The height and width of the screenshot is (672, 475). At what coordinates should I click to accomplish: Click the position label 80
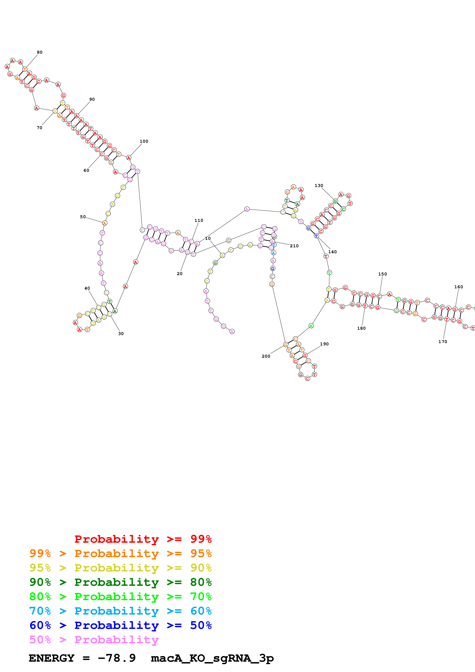(x=39, y=52)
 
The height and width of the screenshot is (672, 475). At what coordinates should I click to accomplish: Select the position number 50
(x=83, y=217)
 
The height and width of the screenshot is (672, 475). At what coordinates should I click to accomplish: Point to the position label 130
(x=319, y=186)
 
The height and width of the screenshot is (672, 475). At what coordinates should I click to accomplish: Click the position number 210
(x=294, y=246)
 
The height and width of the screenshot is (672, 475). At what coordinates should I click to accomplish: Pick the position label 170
(x=442, y=342)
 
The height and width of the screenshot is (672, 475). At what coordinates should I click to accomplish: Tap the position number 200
(x=266, y=356)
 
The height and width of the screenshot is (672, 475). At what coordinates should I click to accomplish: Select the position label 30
(x=121, y=334)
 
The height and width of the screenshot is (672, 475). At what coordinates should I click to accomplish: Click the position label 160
(x=459, y=287)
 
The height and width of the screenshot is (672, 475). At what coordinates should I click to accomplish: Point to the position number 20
(x=180, y=274)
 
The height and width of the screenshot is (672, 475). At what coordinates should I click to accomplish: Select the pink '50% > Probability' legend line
(x=94, y=639)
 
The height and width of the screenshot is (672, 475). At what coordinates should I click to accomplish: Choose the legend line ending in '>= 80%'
(x=121, y=582)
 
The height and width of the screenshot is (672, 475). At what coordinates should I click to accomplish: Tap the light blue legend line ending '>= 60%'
(x=121, y=611)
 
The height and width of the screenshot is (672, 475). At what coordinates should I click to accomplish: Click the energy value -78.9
(x=117, y=658)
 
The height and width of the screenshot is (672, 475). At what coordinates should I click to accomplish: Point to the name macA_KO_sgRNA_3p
(x=212, y=658)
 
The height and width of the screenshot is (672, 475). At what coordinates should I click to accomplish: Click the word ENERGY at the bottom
(x=52, y=658)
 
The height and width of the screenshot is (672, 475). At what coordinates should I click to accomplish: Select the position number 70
(x=39, y=128)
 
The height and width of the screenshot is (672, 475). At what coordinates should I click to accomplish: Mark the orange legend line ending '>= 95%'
(x=121, y=553)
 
